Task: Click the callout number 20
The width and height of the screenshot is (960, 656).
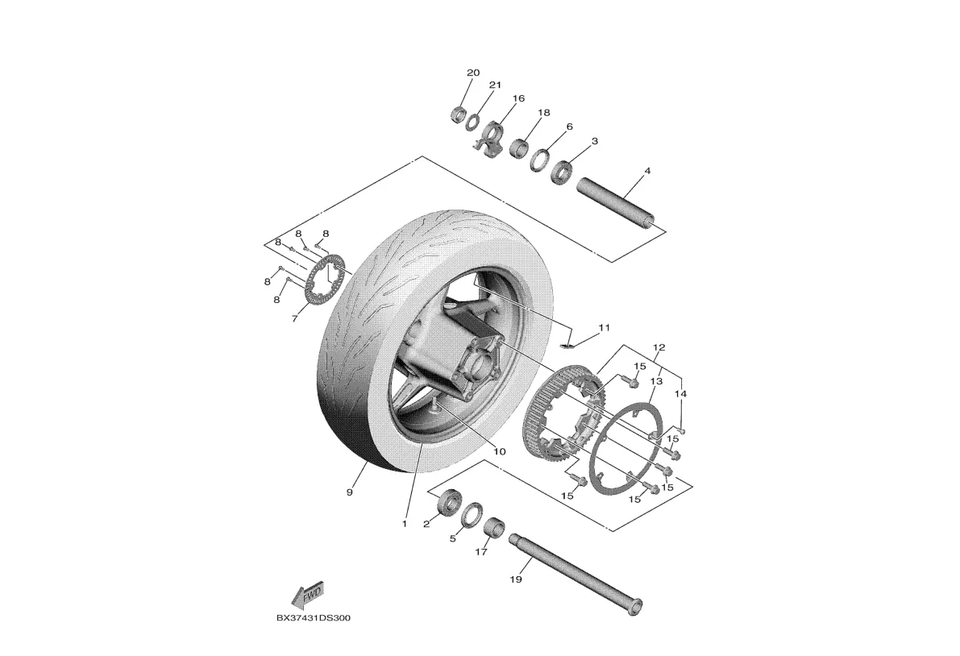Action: (473, 73)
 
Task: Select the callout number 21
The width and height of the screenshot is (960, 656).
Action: (495, 85)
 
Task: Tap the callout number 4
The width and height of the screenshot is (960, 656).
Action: (646, 172)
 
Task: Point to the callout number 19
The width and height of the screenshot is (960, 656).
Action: (517, 579)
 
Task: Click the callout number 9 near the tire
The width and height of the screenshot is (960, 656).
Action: (350, 492)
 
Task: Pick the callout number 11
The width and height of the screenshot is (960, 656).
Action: (605, 328)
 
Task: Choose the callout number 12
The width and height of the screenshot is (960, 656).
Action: (659, 347)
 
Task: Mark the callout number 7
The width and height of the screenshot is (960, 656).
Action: (294, 319)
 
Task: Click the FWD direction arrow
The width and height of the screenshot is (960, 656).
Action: (307, 595)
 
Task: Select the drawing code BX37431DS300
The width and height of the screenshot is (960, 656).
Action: (313, 618)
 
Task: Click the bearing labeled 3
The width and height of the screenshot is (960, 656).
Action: (561, 171)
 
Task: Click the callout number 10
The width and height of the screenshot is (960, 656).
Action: (499, 451)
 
